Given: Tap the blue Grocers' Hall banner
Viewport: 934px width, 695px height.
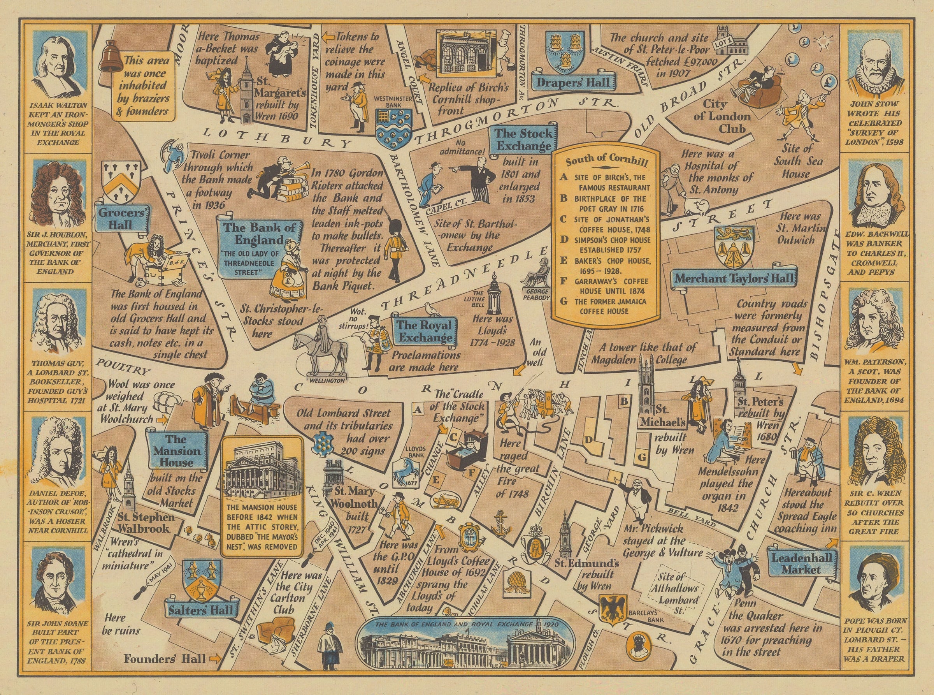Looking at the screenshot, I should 122,218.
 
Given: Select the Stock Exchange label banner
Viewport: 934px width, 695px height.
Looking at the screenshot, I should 523,140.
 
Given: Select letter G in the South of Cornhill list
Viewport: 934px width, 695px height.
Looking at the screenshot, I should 564,302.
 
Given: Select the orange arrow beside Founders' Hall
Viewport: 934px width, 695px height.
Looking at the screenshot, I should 214,659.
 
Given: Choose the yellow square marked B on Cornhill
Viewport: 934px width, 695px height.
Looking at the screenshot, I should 624,401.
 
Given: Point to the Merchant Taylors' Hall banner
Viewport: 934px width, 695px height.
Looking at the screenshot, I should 734,278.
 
